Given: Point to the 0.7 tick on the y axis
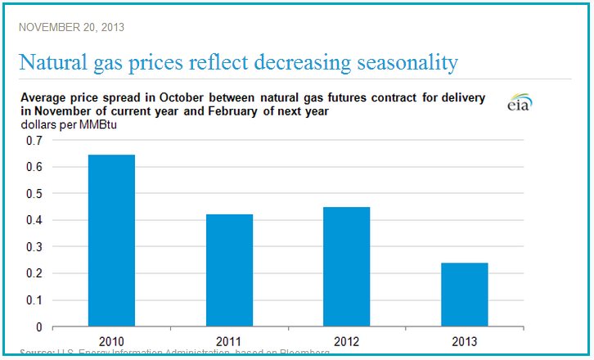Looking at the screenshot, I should [x=34, y=141].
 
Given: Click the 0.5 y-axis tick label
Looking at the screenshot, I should [x=34, y=194].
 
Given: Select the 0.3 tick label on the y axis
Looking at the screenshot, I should [x=34, y=246].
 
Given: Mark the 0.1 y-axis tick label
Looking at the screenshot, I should [x=34, y=299].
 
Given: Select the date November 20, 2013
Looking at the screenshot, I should [x=71, y=27].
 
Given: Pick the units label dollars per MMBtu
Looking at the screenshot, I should [x=63, y=124].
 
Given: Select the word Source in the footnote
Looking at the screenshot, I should [x=36, y=353].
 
